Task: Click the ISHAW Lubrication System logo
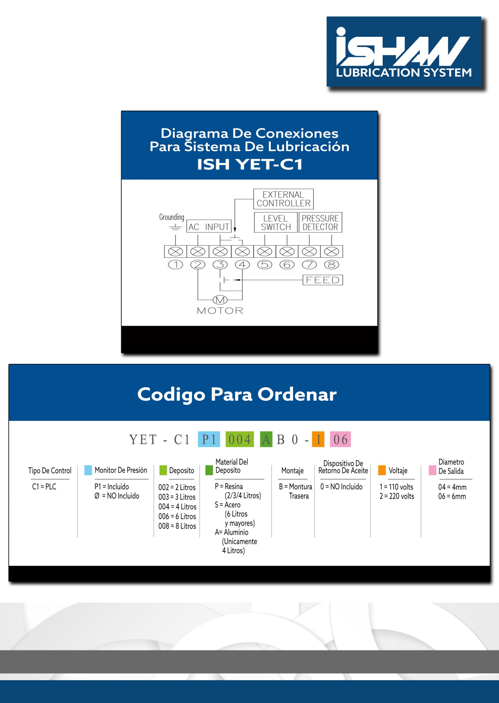click(x=403, y=52)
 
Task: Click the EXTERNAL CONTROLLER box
click(x=283, y=199)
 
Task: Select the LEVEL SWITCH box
click(x=276, y=222)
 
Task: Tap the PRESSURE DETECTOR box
click(x=320, y=222)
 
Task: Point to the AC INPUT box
click(x=209, y=227)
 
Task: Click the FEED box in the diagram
click(x=323, y=280)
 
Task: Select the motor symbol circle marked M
click(x=220, y=300)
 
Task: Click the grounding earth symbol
click(x=175, y=228)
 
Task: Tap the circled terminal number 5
click(x=264, y=264)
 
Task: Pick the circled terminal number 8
click(x=331, y=264)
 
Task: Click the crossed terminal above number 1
click(x=175, y=252)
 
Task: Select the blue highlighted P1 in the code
click(x=209, y=439)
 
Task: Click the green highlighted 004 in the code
click(x=240, y=439)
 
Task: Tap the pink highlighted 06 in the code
click(x=341, y=439)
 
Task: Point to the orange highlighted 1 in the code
click(x=318, y=439)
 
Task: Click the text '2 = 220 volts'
click(x=397, y=496)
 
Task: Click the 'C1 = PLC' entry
click(x=44, y=487)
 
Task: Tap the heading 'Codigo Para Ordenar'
click(x=237, y=395)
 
